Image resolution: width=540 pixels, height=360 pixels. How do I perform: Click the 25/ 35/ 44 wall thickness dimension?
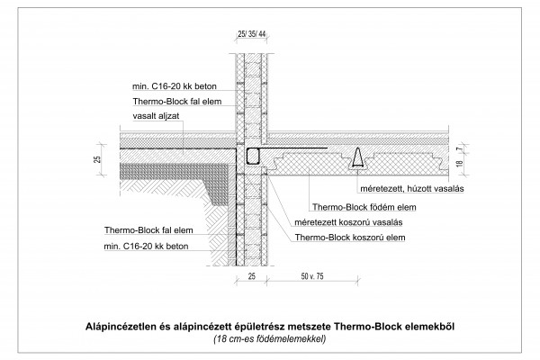[x=252, y=34]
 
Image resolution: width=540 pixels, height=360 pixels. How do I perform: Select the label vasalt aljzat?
[x=156, y=116]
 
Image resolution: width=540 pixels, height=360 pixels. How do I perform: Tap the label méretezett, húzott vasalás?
[x=412, y=189]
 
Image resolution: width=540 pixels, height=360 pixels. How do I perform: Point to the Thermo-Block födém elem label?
[x=364, y=207]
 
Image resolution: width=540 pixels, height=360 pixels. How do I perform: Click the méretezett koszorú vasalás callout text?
[x=348, y=222]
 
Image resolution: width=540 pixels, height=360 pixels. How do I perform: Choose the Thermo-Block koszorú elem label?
[x=350, y=238]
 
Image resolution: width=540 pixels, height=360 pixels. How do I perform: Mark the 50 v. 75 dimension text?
[x=312, y=276]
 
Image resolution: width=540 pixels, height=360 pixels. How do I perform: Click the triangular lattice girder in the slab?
[x=358, y=158]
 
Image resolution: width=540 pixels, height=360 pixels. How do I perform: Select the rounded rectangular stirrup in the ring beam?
[x=253, y=157]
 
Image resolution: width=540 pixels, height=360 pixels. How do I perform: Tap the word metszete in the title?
[x=310, y=327]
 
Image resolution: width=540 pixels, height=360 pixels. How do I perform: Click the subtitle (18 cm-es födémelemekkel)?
[x=270, y=339]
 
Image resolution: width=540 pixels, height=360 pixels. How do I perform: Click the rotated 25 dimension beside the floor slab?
[x=98, y=159]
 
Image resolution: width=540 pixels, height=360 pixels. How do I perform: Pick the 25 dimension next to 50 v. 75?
[x=252, y=276]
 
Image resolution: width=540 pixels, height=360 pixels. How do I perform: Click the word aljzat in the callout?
[x=169, y=116]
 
